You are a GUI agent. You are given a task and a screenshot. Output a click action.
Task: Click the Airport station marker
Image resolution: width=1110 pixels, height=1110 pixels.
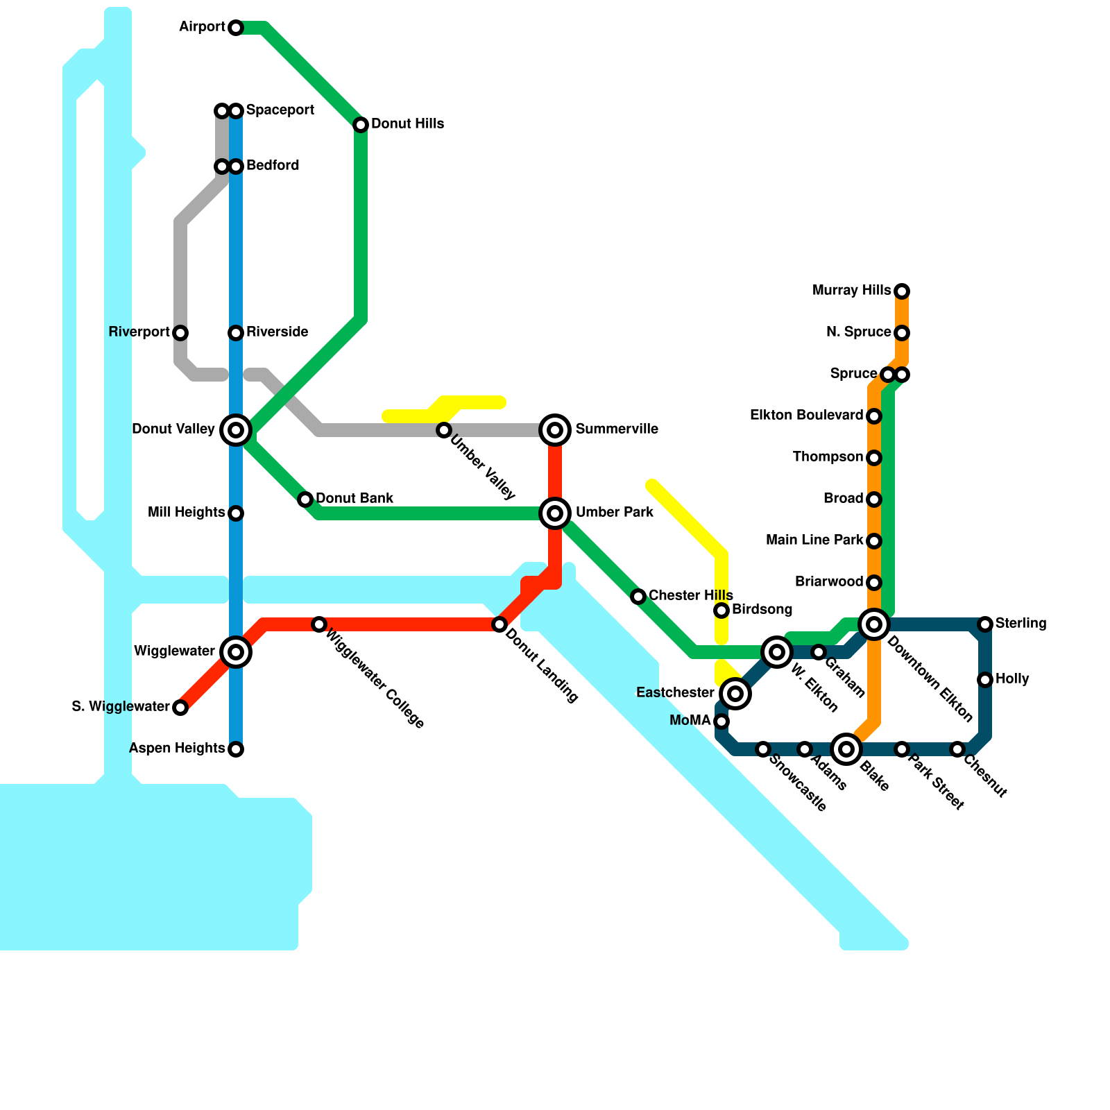[x=236, y=28]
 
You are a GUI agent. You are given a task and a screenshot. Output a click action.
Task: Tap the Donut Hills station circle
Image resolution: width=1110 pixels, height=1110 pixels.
[x=361, y=125]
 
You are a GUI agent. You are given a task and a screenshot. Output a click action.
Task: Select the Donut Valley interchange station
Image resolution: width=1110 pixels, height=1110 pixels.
[x=236, y=430]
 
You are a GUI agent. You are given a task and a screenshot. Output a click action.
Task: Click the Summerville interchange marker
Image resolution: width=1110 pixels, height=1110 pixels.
[x=555, y=430]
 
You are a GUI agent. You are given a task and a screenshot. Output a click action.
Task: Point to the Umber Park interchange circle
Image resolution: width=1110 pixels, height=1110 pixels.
[x=555, y=513]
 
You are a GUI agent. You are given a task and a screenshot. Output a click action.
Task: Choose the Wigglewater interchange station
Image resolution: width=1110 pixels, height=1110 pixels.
[x=236, y=652]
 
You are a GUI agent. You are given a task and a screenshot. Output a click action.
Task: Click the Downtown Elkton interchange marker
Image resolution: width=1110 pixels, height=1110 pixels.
[x=874, y=624]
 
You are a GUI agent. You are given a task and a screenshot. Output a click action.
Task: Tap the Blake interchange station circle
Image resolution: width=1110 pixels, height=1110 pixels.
[x=846, y=749]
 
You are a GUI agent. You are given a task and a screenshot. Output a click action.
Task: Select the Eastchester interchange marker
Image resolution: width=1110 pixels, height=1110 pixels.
[x=735, y=694]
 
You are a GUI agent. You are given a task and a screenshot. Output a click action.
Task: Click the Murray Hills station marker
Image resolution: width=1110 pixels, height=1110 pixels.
[x=902, y=291]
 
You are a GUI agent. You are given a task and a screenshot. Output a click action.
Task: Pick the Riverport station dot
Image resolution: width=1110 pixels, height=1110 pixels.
[x=180, y=333]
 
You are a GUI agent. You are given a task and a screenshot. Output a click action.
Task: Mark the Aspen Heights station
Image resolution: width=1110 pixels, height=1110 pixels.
[x=236, y=749]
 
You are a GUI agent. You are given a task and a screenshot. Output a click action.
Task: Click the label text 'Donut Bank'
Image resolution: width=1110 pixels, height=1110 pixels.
[x=355, y=499]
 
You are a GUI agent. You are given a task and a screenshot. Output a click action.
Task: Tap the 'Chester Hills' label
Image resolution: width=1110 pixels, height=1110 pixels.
[x=690, y=596]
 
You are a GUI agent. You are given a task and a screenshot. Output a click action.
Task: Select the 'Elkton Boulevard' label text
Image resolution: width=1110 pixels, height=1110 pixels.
[x=806, y=416]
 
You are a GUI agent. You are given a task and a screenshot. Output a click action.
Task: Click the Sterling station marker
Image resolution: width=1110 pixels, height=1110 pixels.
[x=985, y=624]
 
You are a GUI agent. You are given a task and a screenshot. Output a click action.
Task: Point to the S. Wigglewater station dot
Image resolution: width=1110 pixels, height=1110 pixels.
[x=180, y=708]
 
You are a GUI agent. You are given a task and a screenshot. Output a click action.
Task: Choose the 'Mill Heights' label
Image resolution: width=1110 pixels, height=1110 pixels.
[x=186, y=513]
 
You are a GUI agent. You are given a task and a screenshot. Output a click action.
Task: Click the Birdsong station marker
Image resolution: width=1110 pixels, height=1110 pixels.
[x=721, y=610]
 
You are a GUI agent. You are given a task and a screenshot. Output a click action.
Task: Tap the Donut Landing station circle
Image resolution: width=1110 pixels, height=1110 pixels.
[x=499, y=624]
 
